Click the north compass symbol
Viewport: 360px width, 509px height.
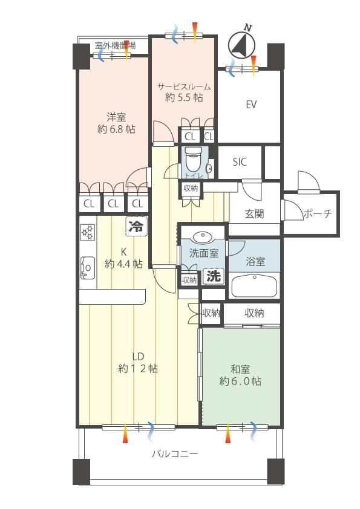click(241, 45)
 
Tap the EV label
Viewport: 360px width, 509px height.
click(251, 105)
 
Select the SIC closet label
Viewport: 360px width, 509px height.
click(240, 162)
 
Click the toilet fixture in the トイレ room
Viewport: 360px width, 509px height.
click(193, 161)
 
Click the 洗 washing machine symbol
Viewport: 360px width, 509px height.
click(214, 277)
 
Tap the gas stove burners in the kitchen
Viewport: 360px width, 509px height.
click(88, 233)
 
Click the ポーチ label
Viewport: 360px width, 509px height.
click(318, 213)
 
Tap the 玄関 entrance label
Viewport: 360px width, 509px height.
click(254, 214)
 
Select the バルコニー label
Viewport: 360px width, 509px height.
click(175, 453)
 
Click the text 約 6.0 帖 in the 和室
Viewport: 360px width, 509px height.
click(240, 381)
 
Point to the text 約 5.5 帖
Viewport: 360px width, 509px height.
click(184, 97)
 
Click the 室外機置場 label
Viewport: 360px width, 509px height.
click(116, 45)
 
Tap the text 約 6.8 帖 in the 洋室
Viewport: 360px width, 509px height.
click(116, 129)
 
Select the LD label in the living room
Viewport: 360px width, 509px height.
click(138, 357)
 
